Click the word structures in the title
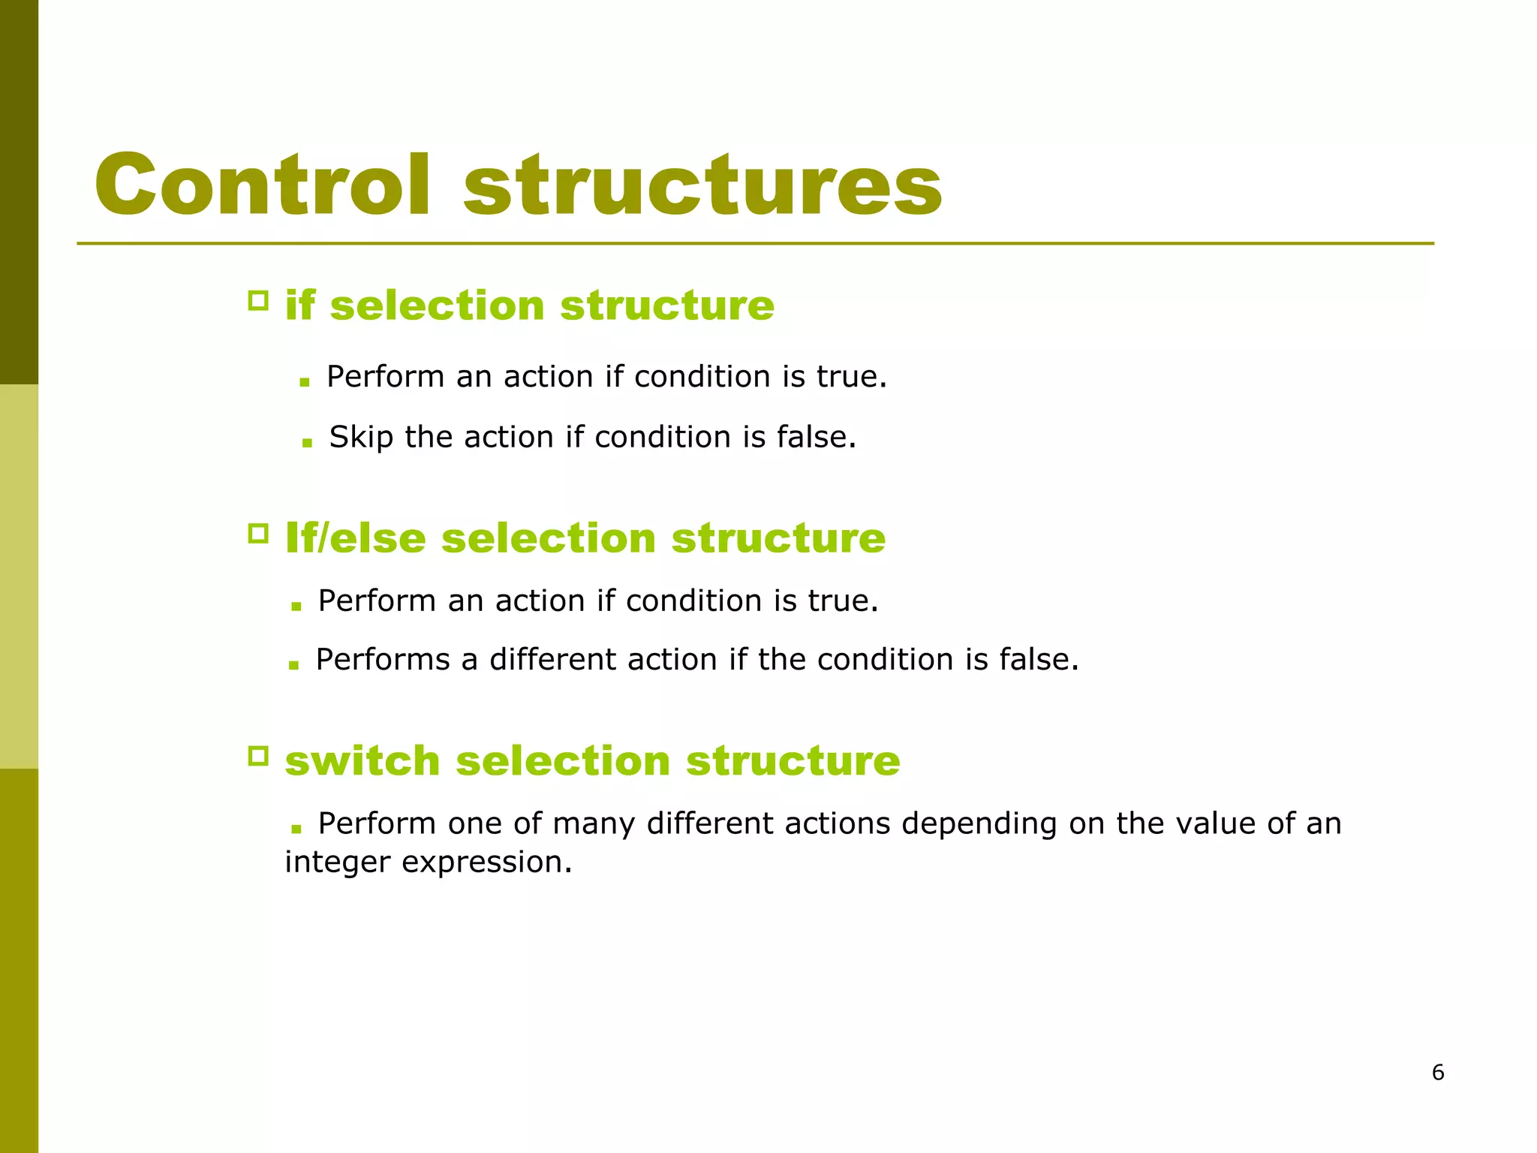(702, 185)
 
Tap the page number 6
(1438, 1072)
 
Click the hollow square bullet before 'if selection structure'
(258, 301)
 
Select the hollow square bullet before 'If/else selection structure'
(258, 534)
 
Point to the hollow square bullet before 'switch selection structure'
(258, 756)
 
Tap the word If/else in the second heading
(355, 538)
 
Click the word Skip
(361, 437)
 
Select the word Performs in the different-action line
(382, 660)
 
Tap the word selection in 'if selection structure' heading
(437, 306)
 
